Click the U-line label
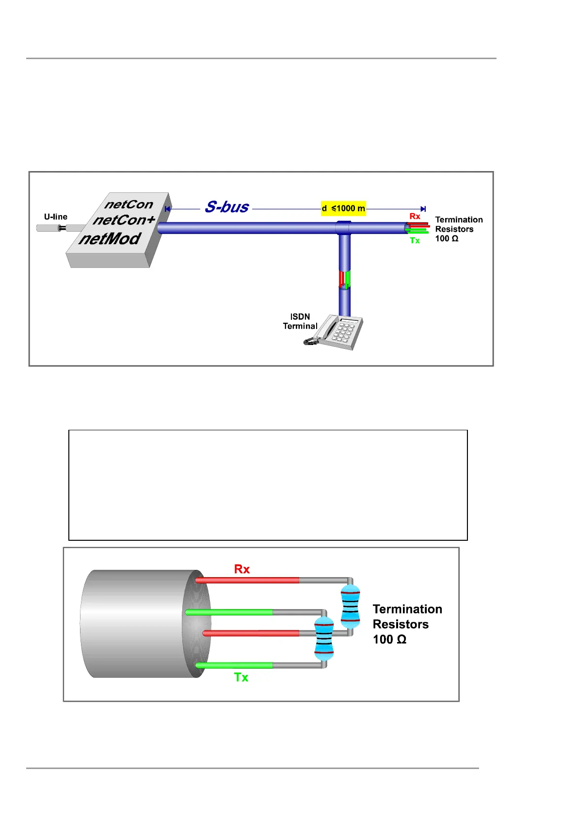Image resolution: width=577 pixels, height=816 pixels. [56, 217]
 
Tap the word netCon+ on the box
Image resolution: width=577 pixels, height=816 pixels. [124, 220]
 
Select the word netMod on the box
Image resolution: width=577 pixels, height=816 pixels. [110, 238]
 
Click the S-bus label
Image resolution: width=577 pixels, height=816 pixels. [226, 207]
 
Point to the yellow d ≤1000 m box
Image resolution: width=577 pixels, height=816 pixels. [343, 208]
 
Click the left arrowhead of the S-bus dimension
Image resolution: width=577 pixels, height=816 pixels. [168, 209]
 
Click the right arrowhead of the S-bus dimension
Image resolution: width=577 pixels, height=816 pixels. [423, 209]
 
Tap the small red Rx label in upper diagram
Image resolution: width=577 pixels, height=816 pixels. [415, 216]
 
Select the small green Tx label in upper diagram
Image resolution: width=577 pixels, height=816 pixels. [415, 240]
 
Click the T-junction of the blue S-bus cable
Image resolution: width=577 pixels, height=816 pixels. [344, 228]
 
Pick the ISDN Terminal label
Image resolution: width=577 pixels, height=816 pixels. [300, 321]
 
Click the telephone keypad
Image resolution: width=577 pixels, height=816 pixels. [344, 332]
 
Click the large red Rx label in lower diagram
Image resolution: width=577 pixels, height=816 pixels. [242, 569]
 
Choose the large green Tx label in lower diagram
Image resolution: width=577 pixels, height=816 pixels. [241, 677]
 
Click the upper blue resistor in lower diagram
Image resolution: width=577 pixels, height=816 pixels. [350, 606]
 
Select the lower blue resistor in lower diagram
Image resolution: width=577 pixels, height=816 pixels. [324, 638]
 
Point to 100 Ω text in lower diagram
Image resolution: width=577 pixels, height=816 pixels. [389, 639]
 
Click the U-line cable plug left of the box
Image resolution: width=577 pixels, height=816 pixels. [62, 228]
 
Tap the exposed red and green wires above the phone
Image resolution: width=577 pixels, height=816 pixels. [345, 280]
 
